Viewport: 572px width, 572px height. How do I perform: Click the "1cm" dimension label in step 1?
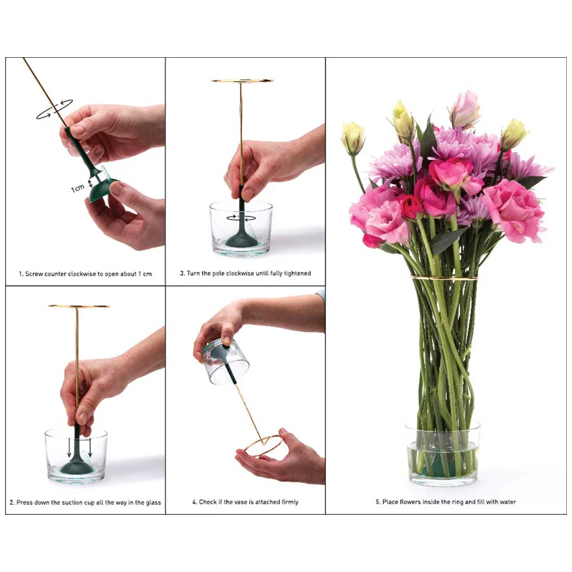click(78, 188)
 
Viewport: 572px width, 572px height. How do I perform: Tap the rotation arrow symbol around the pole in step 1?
click(55, 109)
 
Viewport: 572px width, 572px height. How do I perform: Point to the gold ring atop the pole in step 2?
click(78, 306)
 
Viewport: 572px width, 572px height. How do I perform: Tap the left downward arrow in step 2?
click(69, 448)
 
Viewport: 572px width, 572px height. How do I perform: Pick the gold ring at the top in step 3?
click(242, 80)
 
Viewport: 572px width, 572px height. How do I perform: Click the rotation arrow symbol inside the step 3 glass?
click(241, 218)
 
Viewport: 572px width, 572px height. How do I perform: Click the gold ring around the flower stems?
click(444, 279)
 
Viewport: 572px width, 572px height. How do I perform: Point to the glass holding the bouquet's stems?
click(443, 454)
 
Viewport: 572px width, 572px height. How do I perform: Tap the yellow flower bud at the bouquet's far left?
click(353, 138)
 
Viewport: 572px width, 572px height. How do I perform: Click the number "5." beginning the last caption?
click(378, 502)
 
